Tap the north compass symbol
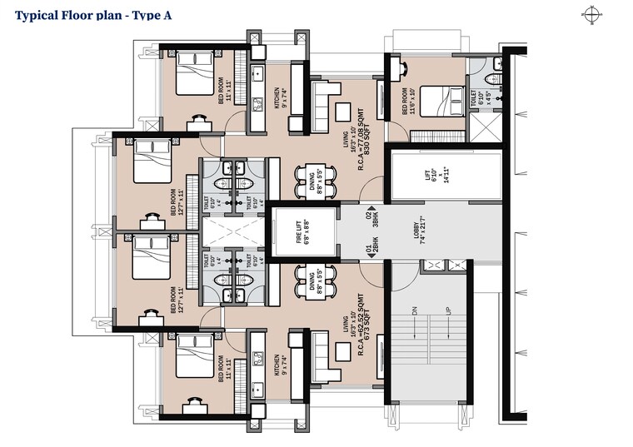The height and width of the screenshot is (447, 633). point(593,13)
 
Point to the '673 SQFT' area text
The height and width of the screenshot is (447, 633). point(366,329)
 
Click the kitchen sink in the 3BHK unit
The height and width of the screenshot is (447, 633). point(257,104)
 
